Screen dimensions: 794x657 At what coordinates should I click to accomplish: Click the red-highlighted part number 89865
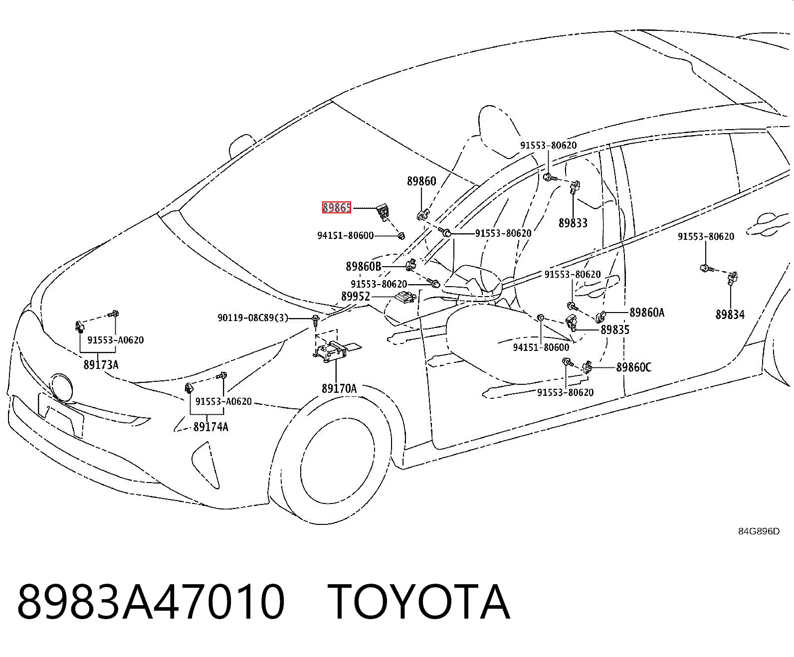[337, 207]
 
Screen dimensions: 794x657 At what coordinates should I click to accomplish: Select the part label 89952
[356, 296]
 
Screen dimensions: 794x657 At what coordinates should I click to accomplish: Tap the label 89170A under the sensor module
[339, 388]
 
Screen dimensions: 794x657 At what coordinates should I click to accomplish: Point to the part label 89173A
[101, 364]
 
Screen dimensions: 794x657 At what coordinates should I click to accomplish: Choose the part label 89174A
[210, 427]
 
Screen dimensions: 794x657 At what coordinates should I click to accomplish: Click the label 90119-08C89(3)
[253, 318]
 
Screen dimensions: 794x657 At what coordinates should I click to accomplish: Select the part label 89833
[573, 223]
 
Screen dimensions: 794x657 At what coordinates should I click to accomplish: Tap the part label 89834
[730, 315]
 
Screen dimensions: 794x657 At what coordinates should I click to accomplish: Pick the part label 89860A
[647, 312]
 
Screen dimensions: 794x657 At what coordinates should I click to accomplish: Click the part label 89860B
[364, 267]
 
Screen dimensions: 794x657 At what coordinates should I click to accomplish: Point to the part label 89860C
[633, 367]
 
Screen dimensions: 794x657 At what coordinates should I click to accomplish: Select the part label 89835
[615, 329]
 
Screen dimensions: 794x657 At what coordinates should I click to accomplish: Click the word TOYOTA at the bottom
[418, 602]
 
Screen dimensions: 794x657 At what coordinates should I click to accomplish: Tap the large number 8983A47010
[151, 602]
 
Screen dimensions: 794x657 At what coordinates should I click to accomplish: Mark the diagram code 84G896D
[759, 531]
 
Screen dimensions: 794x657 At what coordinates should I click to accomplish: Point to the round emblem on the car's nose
[62, 387]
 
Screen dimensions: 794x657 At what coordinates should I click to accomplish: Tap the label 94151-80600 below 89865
[345, 236]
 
